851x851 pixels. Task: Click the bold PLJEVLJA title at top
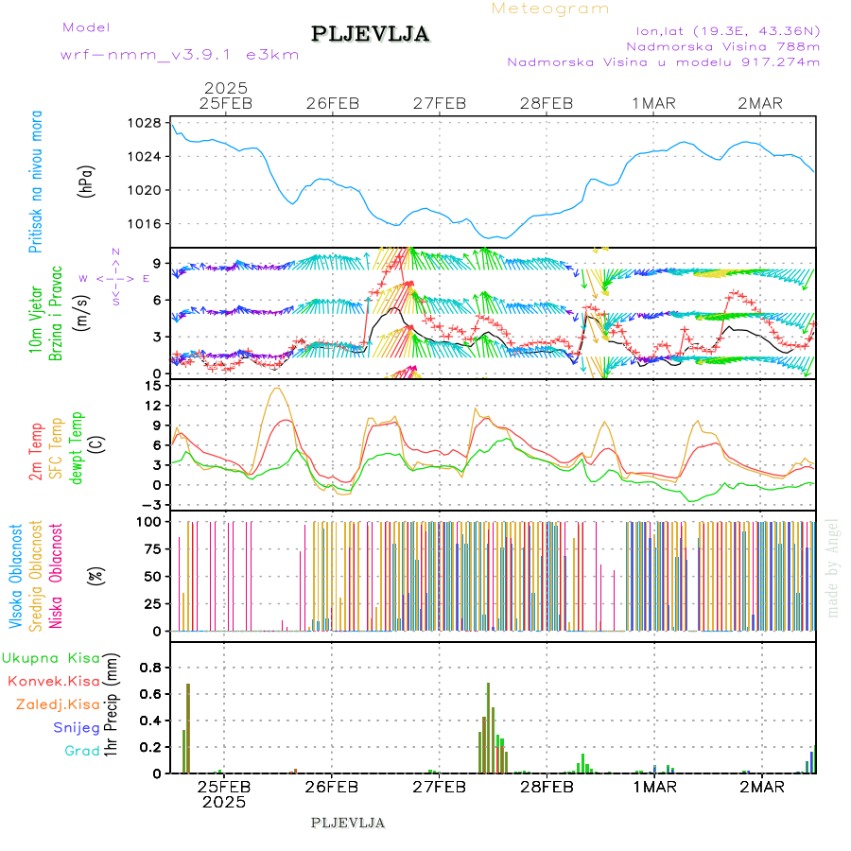click(x=371, y=34)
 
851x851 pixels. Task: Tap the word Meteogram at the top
click(x=550, y=9)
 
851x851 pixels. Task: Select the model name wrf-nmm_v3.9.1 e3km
click(x=180, y=55)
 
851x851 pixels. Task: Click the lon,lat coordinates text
click(x=729, y=28)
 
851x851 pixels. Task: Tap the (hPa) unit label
click(x=86, y=181)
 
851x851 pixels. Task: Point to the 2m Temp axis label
click(x=36, y=452)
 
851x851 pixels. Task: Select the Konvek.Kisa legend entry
click(x=53, y=681)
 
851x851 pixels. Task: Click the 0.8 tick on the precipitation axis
click(x=148, y=667)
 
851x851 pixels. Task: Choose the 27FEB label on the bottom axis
click(x=439, y=787)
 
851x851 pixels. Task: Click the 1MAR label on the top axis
click(x=654, y=103)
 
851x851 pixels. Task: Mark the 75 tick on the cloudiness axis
click(x=148, y=548)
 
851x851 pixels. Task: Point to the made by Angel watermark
click(x=833, y=567)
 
